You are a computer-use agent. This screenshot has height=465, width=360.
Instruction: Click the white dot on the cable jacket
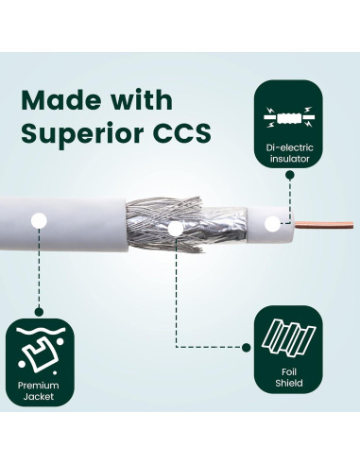[x=39, y=221]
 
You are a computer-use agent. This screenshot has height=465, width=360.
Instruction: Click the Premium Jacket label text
[x=39, y=390]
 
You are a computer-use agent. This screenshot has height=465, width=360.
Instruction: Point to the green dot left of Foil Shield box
[x=247, y=348]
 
